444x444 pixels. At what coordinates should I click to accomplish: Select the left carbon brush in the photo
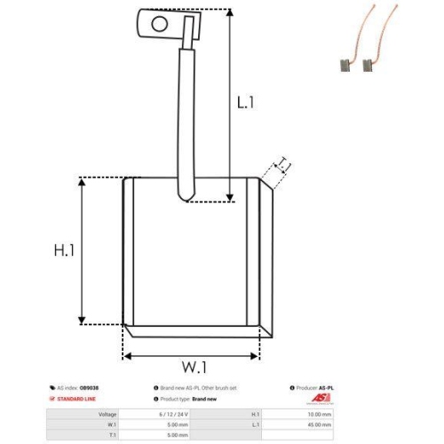[343, 63]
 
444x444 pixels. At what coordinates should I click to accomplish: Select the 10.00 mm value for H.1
[319, 414]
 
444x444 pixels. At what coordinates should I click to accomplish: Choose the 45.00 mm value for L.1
[319, 424]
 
